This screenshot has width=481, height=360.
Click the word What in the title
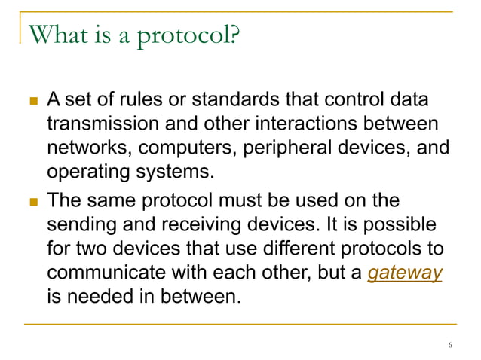point(55,33)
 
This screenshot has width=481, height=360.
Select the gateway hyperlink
point(404,272)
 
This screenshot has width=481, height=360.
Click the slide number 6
point(450,346)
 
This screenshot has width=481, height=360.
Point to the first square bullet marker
point(32,99)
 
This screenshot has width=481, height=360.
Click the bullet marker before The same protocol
point(32,202)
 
